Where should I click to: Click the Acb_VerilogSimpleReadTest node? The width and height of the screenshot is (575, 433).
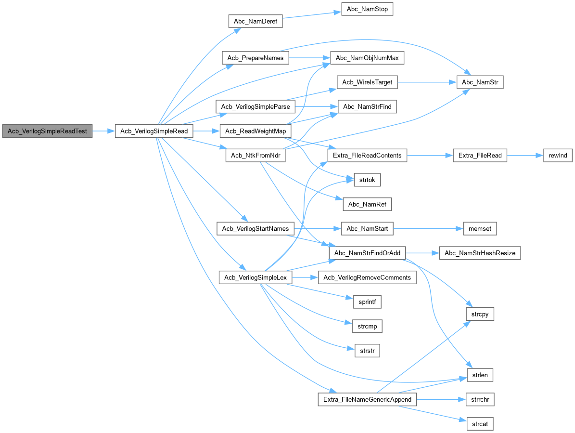click(x=47, y=131)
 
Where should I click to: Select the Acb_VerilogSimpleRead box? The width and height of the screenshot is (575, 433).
click(x=154, y=131)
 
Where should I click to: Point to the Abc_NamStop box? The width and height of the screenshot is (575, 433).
click(x=367, y=10)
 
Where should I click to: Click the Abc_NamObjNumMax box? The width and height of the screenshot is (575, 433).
click(x=367, y=58)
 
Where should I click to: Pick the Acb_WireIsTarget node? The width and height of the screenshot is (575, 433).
click(x=367, y=82)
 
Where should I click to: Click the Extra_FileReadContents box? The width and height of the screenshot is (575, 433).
click(x=367, y=155)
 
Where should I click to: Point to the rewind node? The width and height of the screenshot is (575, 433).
click(x=558, y=155)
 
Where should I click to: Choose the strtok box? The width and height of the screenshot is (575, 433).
click(x=367, y=180)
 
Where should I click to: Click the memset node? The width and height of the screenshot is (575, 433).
click(x=480, y=229)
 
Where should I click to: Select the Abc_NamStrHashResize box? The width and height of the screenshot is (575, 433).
click(x=480, y=253)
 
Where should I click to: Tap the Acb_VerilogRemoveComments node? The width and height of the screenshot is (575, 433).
click(x=367, y=277)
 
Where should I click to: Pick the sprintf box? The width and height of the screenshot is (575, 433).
click(x=367, y=302)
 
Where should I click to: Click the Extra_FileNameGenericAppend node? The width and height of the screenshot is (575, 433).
click(x=367, y=399)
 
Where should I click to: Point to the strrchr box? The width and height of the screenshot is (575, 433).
click(x=480, y=399)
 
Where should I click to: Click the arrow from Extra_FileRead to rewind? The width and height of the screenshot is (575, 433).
click(x=524, y=155)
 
